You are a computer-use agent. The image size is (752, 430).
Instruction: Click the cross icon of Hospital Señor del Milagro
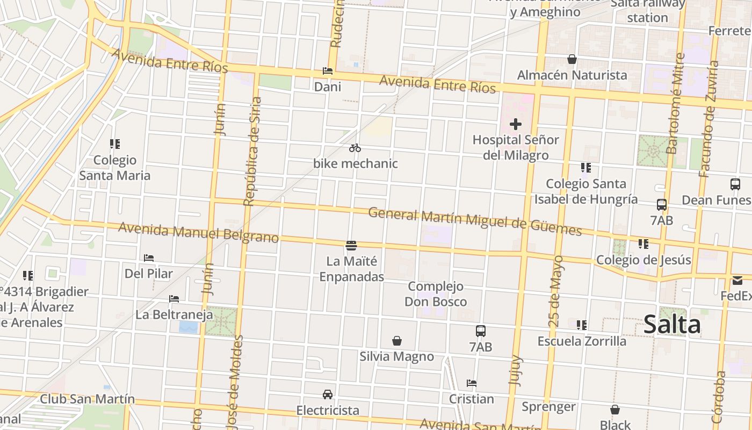click(x=516, y=124)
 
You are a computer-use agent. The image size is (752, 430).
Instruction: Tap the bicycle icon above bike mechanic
click(x=355, y=148)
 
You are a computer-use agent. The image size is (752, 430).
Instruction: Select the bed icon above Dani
click(x=327, y=71)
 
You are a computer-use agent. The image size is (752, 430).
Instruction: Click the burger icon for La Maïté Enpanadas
click(x=351, y=246)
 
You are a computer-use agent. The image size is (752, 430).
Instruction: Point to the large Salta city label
click(x=672, y=325)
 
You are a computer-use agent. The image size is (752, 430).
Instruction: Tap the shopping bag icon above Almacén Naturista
click(x=572, y=59)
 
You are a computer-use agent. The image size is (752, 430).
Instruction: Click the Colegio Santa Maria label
click(x=115, y=168)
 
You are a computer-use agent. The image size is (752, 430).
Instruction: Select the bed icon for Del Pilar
click(x=149, y=258)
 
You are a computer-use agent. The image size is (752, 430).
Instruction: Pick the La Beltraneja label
click(x=174, y=314)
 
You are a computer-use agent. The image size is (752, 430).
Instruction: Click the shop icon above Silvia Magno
click(x=397, y=341)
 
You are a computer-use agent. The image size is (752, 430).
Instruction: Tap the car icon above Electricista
click(x=327, y=395)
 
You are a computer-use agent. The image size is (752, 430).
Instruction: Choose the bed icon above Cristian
click(x=472, y=383)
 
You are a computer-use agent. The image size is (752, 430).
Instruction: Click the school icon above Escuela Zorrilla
click(x=582, y=325)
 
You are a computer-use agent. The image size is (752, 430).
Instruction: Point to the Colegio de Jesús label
click(x=643, y=260)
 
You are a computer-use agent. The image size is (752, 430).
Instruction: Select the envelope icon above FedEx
click(x=737, y=281)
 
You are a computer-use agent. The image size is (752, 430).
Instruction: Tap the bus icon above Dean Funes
click(x=735, y=184)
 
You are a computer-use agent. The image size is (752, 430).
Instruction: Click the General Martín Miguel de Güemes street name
click(x=475, y=221)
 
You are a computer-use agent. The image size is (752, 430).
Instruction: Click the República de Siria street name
click(x=252, y=152)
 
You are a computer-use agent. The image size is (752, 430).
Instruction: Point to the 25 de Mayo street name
click(x=556, y=291)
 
